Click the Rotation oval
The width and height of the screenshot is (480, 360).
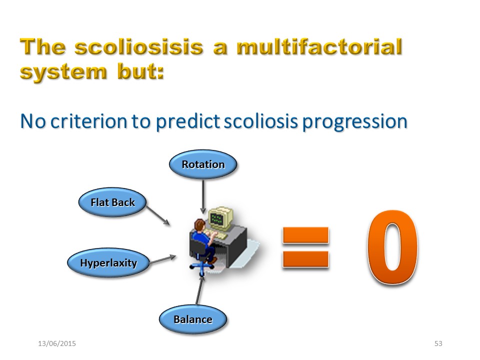click(x=203, y=164)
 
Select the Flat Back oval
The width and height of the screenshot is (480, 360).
click(x=112, y=202)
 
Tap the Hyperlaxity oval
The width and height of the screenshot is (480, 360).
click(x=108, y=262)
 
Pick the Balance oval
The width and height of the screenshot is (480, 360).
click(x=193, y=319)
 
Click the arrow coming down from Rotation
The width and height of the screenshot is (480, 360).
click(x=202, y=196)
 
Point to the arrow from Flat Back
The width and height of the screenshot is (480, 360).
click(x=158, y=215)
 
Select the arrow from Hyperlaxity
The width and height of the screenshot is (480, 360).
click(x=163, y=259)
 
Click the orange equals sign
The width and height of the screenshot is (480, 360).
click(x=305, y=247)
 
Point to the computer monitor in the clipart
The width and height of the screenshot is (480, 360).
click(x=220, y=218)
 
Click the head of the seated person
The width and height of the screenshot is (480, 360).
click(x=200, y=225)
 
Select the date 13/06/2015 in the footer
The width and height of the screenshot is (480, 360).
click(x=57, y=343)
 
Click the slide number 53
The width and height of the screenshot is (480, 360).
click(x=438, y=343)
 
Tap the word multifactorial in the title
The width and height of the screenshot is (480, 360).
click(x=319, y=47)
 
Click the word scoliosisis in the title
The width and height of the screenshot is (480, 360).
click(x=139, y=47)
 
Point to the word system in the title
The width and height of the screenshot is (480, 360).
click(x=63, y=73)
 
